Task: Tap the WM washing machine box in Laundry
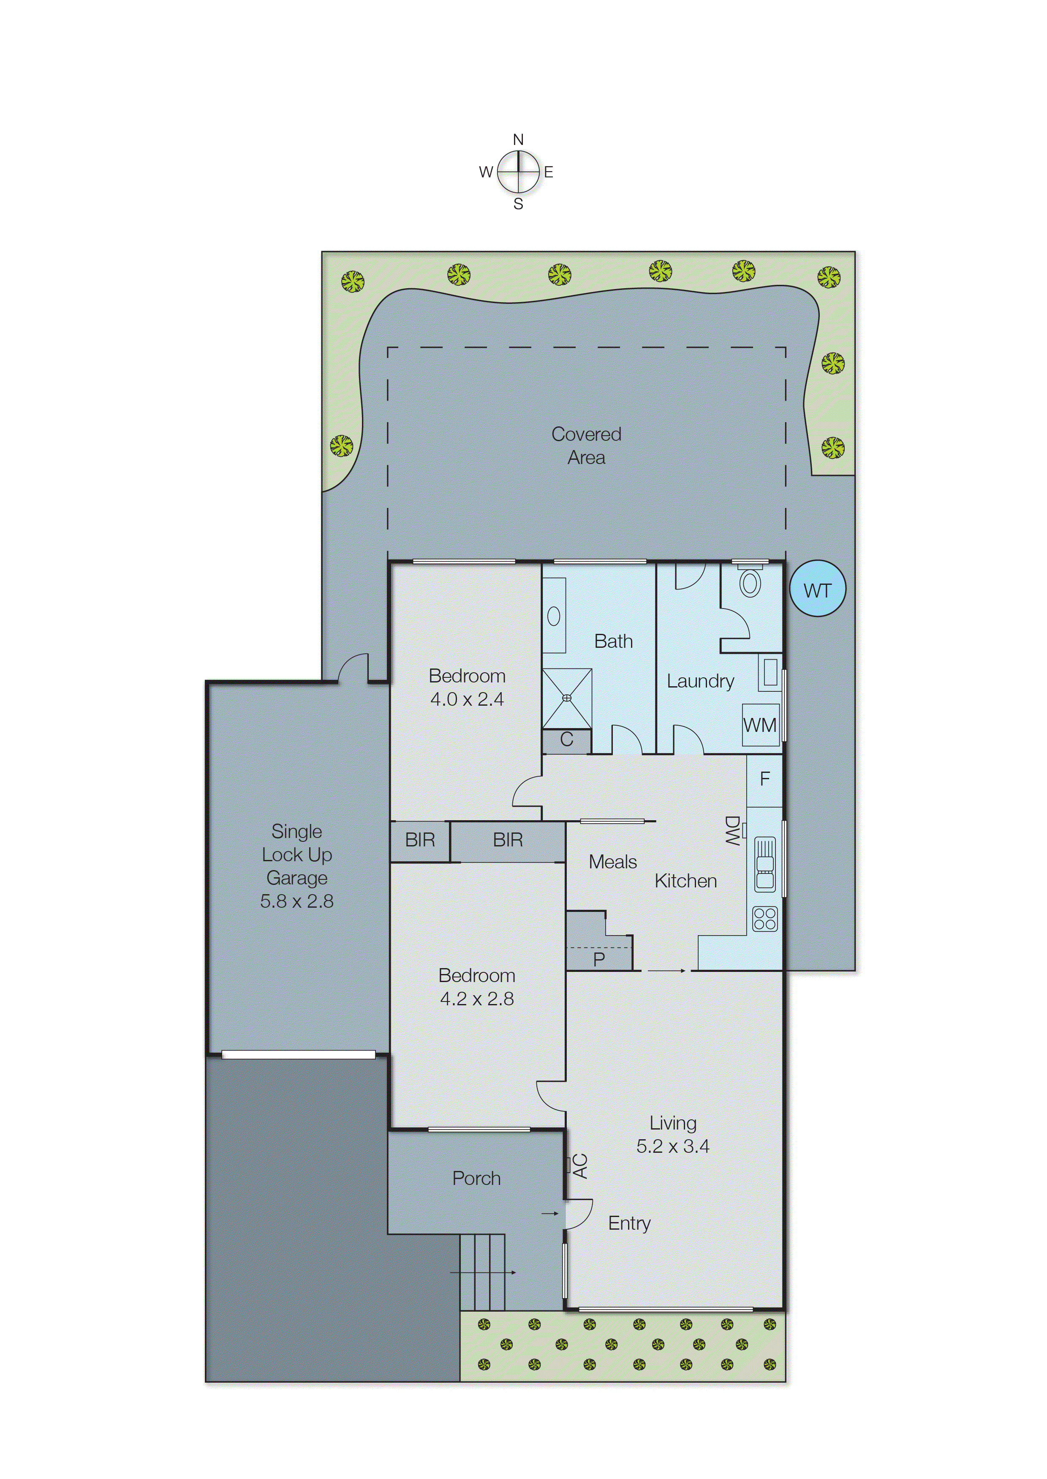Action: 760,725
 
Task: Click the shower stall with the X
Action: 567,698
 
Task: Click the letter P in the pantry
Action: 599,959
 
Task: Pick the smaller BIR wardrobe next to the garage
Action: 420,840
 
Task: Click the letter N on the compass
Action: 518,139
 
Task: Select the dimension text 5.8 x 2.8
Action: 296,901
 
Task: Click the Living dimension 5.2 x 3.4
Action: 672,1146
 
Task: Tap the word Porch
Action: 476,1179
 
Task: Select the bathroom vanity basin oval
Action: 553,616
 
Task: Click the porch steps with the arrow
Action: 482,1272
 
